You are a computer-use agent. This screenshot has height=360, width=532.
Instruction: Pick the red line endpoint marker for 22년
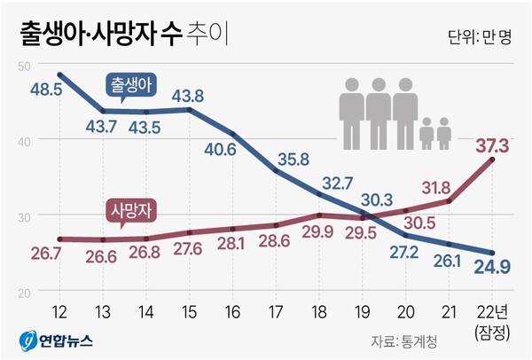coord(491,159)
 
